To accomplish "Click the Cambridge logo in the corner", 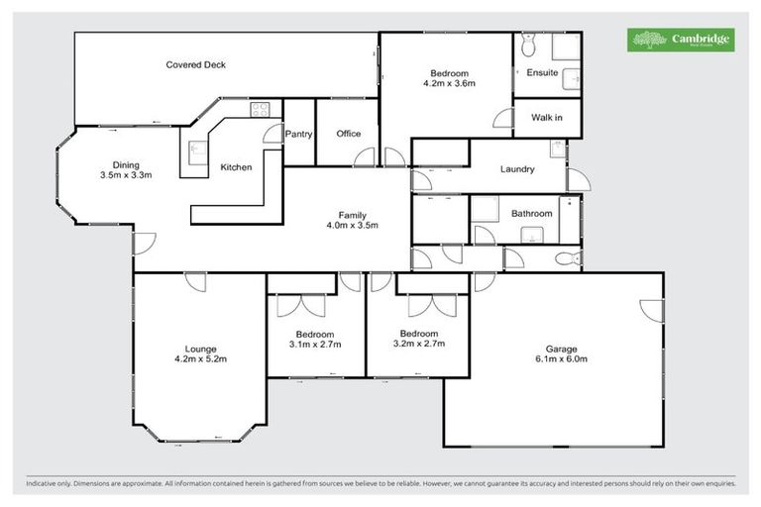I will coord(681,40).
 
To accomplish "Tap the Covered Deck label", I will coord(195,65).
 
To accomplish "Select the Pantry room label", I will coord(298,134).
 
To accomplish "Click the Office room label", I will coord(348,134).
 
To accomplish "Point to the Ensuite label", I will coord(542,72).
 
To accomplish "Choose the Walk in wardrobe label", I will coord(546,118).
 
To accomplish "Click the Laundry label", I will coord(517,169).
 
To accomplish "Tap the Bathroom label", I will coord(531,213).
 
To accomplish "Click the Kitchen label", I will coord(236,167).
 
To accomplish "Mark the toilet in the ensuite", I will coord(528,47).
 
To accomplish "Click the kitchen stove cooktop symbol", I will coord(261,110).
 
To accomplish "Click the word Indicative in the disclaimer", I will coord(43,483).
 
